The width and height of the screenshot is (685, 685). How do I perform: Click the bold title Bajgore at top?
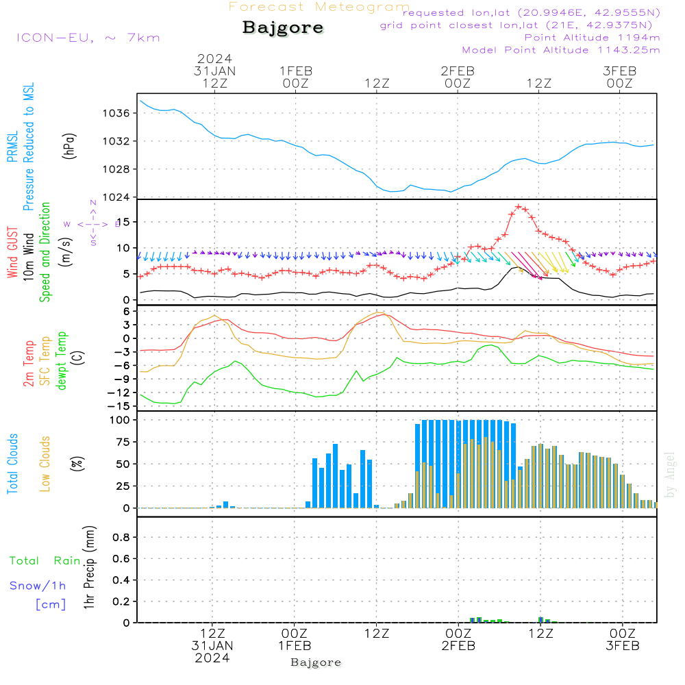[283, 28]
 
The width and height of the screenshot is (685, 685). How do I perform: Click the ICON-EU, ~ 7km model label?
[88, 37]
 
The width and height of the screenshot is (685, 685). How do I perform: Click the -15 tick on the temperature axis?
[120, 406]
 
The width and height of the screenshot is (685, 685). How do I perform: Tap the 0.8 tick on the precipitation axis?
[121, 537]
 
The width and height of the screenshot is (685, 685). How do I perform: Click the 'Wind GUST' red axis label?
[12, 253]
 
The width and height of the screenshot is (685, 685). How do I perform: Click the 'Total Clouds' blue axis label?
[12, 464]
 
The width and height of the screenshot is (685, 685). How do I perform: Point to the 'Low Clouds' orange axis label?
[45, 464]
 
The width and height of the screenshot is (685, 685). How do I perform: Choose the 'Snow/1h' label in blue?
[38, 586]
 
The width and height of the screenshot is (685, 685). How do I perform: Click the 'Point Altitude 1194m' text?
[592, 38]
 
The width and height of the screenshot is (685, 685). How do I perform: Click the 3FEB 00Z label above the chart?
[620, 77]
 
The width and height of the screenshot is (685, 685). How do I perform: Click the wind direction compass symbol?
[92, 223]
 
